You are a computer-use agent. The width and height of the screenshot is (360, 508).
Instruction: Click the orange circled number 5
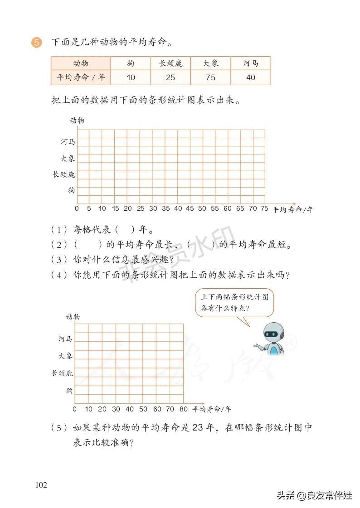(36, 43)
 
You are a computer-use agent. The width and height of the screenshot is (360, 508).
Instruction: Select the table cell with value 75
(210, 77)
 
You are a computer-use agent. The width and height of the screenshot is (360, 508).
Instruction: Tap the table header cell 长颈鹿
(170, 63)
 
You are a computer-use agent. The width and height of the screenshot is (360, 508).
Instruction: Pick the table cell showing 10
(131, 77)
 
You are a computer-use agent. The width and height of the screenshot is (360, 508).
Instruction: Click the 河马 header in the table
(250, 63)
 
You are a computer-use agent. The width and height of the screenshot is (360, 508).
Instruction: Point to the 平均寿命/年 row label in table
(81, 77)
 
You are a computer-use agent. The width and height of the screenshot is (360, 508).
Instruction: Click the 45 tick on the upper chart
(190, 208)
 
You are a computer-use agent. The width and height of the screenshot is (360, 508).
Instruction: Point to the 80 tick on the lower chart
(183, 409)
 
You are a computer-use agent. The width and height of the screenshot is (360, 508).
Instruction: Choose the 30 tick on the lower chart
(116, 409)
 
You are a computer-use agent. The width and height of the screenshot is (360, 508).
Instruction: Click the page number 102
(41, 485)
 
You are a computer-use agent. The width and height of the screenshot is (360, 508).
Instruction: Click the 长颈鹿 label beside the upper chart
(63, 174)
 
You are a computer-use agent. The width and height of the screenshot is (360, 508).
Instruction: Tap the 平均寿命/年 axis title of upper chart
(292, 209)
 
